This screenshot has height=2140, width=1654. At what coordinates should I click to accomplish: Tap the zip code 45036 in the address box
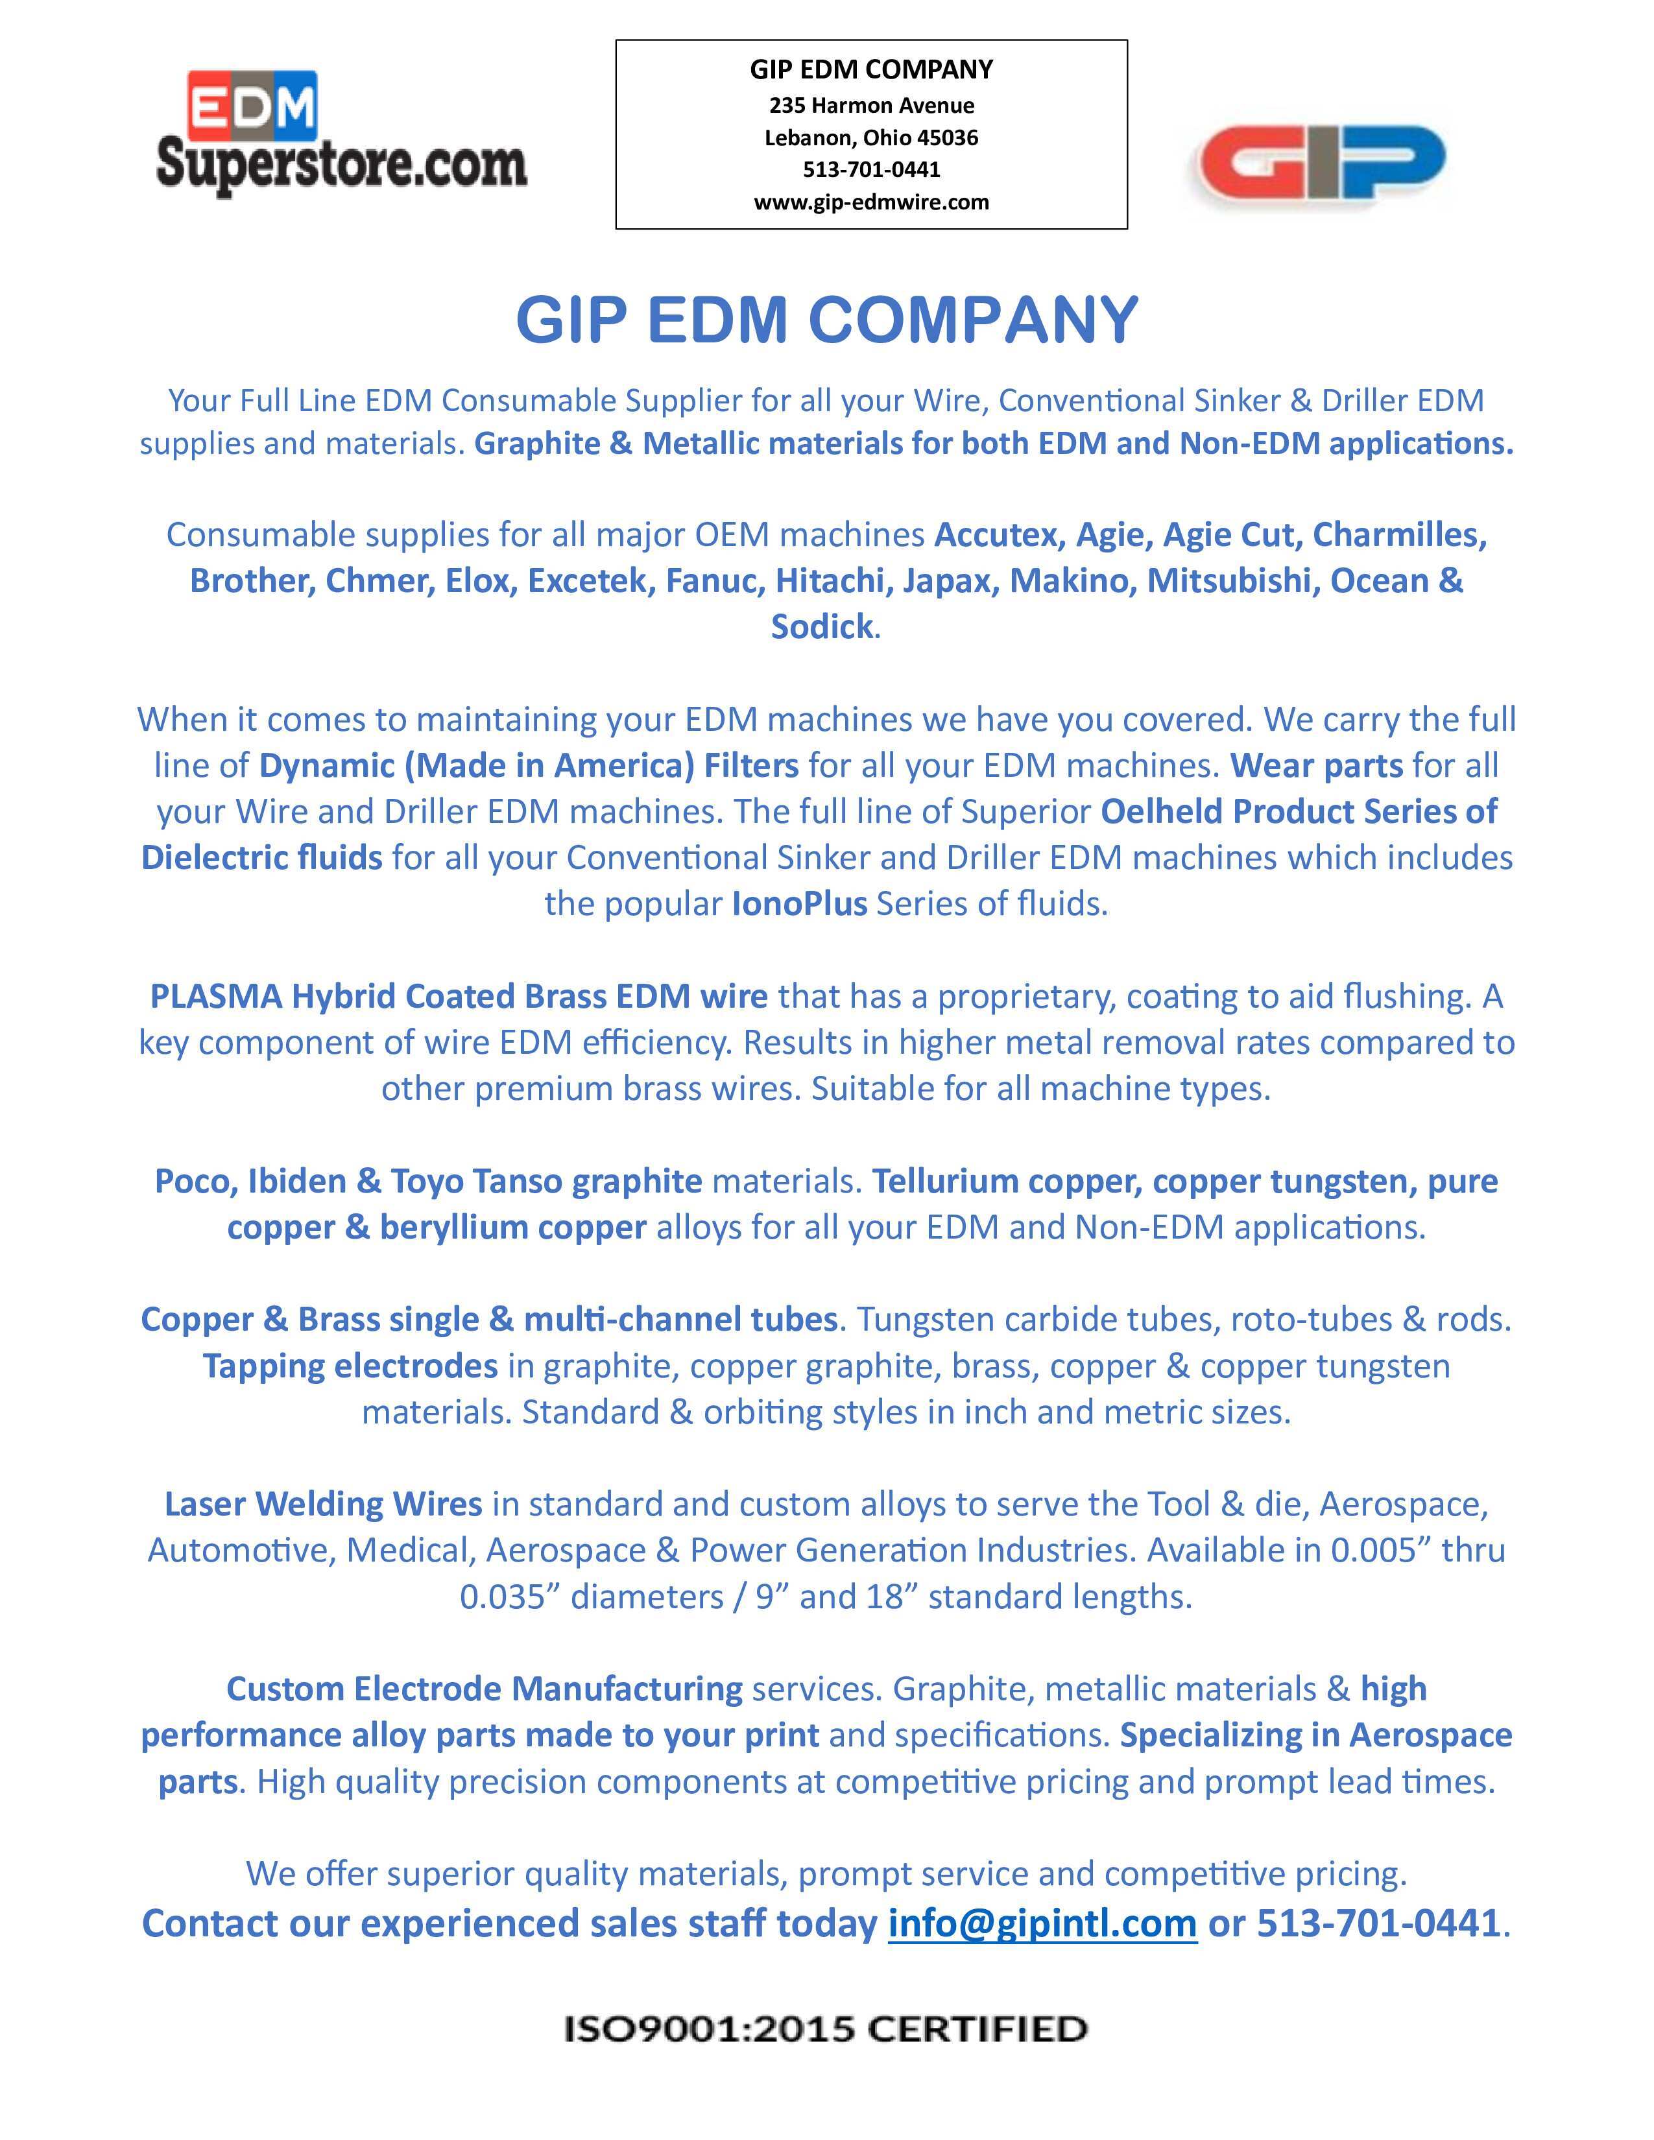point(948,137)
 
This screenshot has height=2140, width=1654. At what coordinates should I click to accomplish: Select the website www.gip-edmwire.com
point(871,202)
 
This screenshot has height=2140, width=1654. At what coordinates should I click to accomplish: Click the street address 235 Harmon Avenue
point(871,105)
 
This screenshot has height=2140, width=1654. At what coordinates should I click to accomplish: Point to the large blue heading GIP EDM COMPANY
point(827,320)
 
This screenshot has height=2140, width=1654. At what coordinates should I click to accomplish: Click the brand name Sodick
point(821,626)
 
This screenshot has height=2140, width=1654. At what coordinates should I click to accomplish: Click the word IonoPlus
point(798,903)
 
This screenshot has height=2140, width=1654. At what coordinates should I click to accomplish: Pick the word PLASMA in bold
point(215,995)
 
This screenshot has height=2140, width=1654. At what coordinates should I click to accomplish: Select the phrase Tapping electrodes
point(350,1366)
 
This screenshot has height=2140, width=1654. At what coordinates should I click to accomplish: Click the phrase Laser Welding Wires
point(324,1503)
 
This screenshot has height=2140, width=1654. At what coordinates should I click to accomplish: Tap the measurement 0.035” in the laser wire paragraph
point(510,1596)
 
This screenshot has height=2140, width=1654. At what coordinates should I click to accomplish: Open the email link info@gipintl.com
point(1042,1923)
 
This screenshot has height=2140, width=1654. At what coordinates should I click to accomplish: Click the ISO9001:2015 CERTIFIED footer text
point(826,2028)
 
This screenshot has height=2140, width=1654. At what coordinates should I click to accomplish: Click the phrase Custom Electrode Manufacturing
point(484,1688)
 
